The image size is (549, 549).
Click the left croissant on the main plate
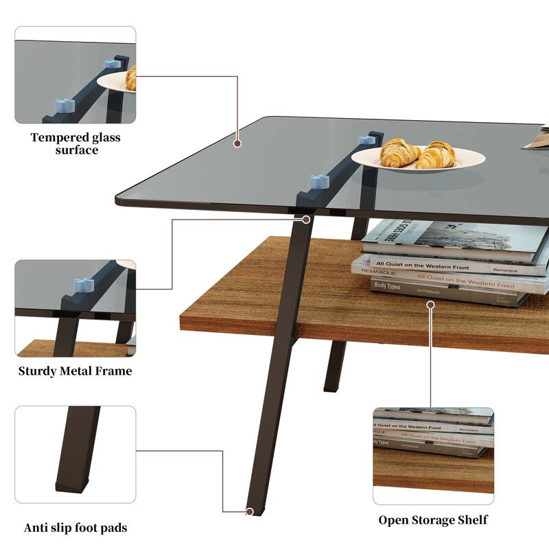pyautogui.click(x=399, y=152)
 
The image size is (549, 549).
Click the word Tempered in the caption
pyautogui.click(x=60, y=137)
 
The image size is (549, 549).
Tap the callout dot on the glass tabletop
pyautogui.click(x=237, y=144)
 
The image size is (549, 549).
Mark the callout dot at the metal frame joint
pyautogui.click(x=306, y=220)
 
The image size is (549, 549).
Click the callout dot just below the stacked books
pyautogui.click(x=431, y=303)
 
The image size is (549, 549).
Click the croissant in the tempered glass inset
pyautogui.click(x=130, y=78)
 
